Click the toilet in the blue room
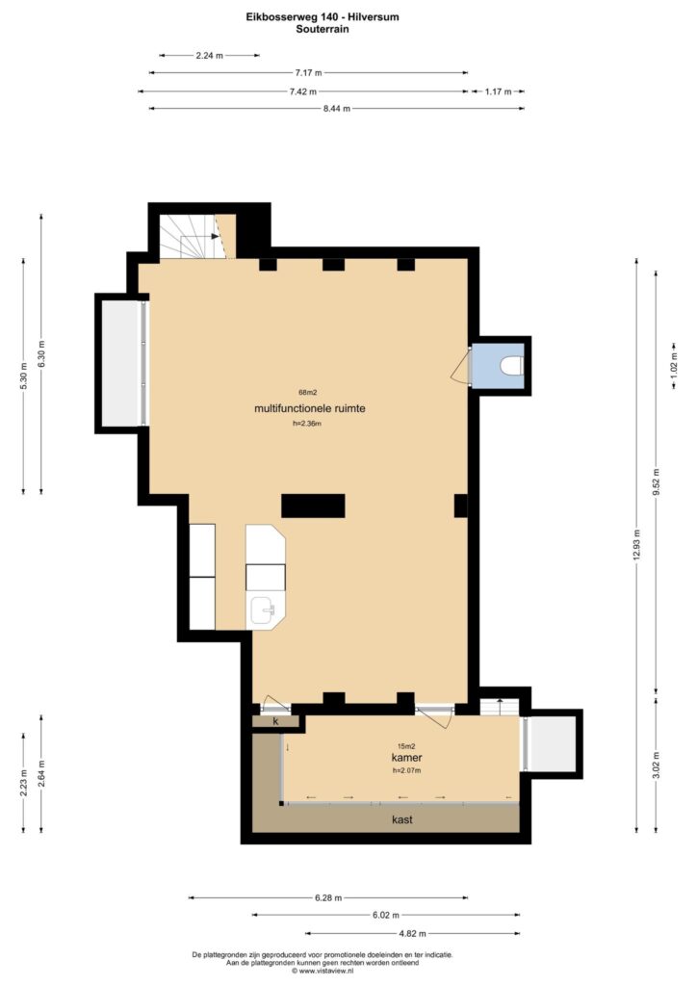512,365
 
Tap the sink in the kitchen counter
264,610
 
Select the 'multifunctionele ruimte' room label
310,408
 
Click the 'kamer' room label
406,758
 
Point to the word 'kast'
402,819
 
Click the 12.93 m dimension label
636,545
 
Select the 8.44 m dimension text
337,108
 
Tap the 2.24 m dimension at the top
209,55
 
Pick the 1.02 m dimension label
674,365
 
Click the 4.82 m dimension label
412,933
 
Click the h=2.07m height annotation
406,770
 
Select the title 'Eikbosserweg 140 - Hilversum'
323,17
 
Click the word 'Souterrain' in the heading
323,29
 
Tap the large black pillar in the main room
313,506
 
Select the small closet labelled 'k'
275,721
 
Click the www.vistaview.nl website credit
323,971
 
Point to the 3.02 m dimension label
656,765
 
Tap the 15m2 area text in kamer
406,746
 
